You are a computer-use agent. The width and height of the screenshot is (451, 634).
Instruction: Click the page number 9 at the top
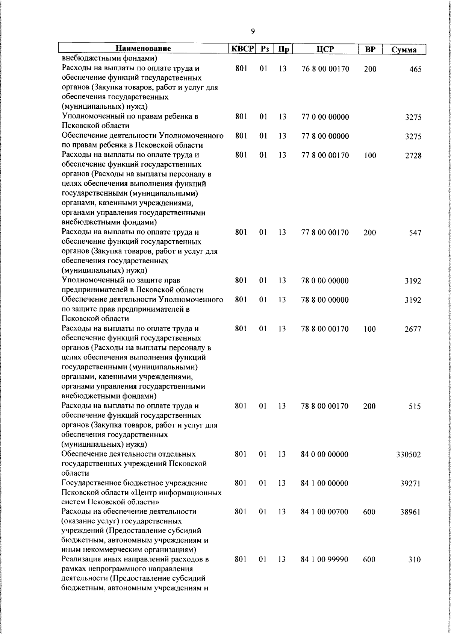point(253,31)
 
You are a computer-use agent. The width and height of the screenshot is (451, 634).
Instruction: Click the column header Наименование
point(143,49)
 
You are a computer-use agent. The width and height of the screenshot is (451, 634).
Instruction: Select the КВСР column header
point(242,49)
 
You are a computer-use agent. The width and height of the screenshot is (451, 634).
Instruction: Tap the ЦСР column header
point(325,49)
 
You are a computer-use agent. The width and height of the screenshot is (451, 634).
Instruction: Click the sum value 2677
point(413,329)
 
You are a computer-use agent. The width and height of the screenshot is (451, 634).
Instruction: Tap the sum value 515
point(415,406)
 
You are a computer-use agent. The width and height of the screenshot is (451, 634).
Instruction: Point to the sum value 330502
point(409,455)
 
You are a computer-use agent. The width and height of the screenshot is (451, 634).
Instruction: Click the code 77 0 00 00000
point(325,117)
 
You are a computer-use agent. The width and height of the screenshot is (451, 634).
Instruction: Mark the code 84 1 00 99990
point(325,560)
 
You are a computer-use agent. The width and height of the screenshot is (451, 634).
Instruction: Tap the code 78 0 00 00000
point(325,281)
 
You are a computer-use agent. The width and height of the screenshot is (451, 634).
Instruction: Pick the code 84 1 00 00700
point(325,512)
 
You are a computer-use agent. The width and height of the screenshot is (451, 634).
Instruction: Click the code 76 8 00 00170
point(325,69)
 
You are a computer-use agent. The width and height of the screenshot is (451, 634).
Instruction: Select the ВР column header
point(370,49)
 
